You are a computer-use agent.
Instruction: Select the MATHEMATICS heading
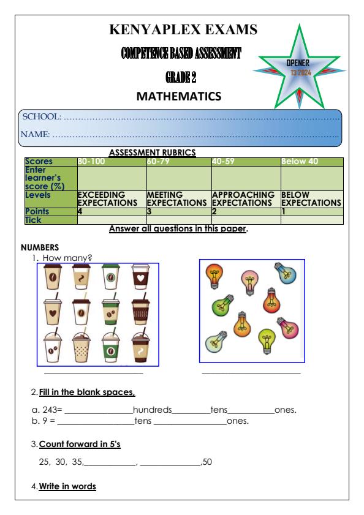tap(178, 96)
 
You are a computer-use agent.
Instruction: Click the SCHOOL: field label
tap(42, 116)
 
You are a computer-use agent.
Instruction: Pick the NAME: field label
tap(37, 133)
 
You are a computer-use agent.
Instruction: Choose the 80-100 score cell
tap(90, 161)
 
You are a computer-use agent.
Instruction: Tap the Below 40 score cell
tap(297, 161)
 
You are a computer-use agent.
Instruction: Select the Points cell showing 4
tap(80, 210)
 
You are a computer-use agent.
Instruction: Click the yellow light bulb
tap(266, 337)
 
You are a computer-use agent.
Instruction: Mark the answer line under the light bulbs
tap(251, 372)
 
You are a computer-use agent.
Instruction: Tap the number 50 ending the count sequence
tap(207, 462)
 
